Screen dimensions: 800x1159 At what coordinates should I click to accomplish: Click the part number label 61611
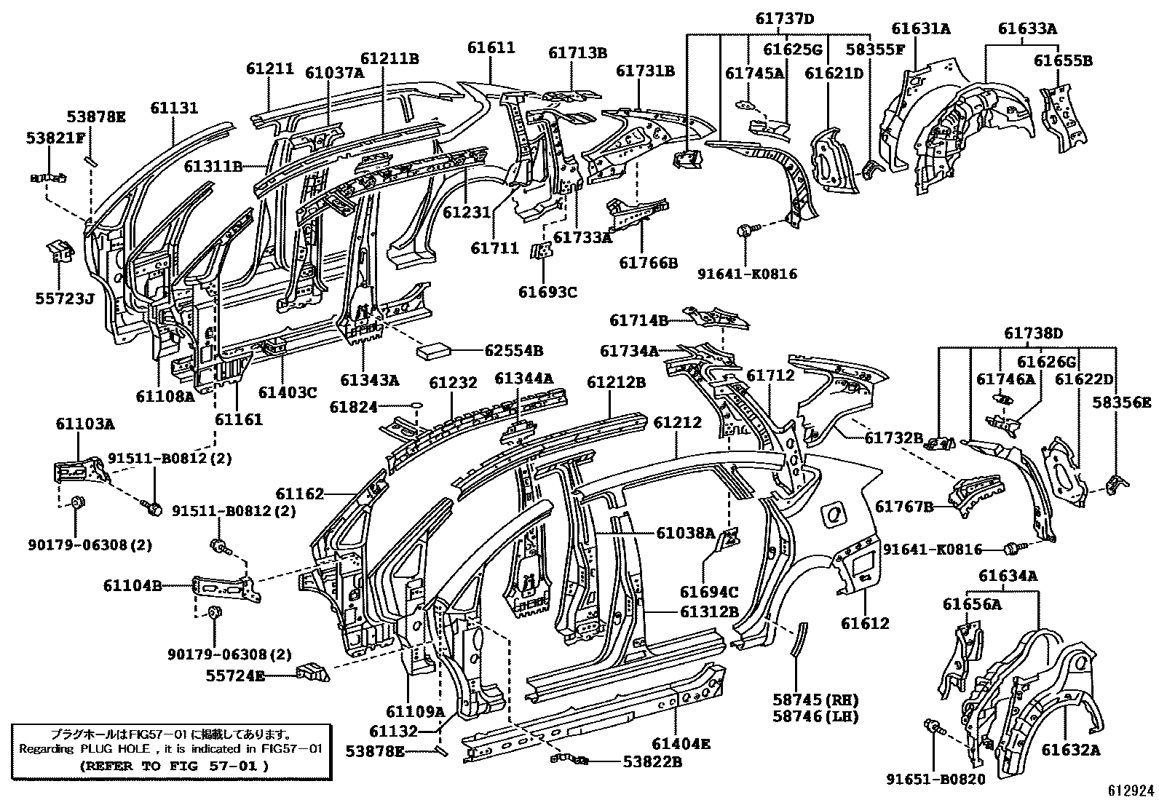tap(491, 48)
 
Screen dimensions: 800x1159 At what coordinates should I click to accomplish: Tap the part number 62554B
tap(514, 350)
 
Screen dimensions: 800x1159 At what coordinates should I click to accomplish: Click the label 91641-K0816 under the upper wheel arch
tap(747, 274)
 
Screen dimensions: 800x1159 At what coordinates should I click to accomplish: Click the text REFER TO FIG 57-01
tap(173, 766)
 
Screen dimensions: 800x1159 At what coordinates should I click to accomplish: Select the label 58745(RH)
tap(815, 700)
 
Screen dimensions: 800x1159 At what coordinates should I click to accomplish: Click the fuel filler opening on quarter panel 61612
tap(834, 515)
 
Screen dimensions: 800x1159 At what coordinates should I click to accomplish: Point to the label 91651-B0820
tap(935, 780)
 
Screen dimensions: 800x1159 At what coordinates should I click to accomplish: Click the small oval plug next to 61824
tap(416, 406)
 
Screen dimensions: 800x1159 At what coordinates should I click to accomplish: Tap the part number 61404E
tap(680, 744)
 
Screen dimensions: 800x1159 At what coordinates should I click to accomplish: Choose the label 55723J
tap(66, 298)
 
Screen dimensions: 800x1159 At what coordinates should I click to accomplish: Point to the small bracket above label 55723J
tap(60, 251)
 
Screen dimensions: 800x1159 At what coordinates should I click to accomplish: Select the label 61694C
tap(710, 592)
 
